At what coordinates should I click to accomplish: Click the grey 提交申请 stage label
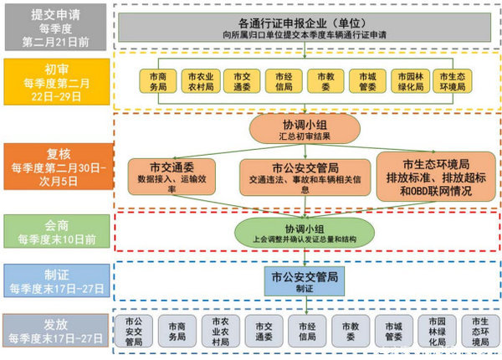pos(56,25)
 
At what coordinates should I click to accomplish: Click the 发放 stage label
pos(56,331)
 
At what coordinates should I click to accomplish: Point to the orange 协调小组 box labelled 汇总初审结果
pos(304,128)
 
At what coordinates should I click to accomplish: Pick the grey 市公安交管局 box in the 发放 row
pos(134,330)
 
